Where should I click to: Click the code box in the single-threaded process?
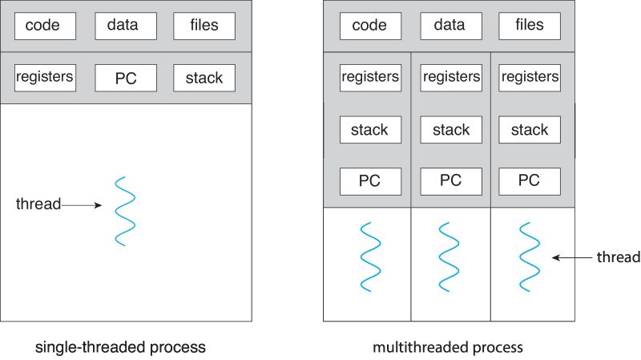[x=45, y=26]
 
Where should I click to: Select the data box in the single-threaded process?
[x=126, y=26]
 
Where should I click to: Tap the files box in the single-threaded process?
[x=204, y=26]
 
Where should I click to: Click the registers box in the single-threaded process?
[x=45, y=78]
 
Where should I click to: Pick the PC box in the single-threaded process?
[x=126, y=79]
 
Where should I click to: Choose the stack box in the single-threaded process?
[x=204, y=79]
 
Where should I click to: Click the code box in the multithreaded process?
[x=370, y=26]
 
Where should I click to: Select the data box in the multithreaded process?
[x=450, y=26]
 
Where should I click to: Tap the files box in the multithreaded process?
[x=529, y=26]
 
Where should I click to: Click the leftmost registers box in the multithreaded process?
[x=370, y=78]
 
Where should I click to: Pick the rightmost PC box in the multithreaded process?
[x=529, y=181]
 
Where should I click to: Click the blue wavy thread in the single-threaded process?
[x=123, y=211]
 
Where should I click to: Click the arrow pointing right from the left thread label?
[x=82, y=205]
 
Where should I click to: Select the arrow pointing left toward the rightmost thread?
[x=570, y=258]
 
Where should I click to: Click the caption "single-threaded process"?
[x=120, y=348]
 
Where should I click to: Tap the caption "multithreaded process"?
[x=448, y=348]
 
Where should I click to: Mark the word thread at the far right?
[x=618, y=257]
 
